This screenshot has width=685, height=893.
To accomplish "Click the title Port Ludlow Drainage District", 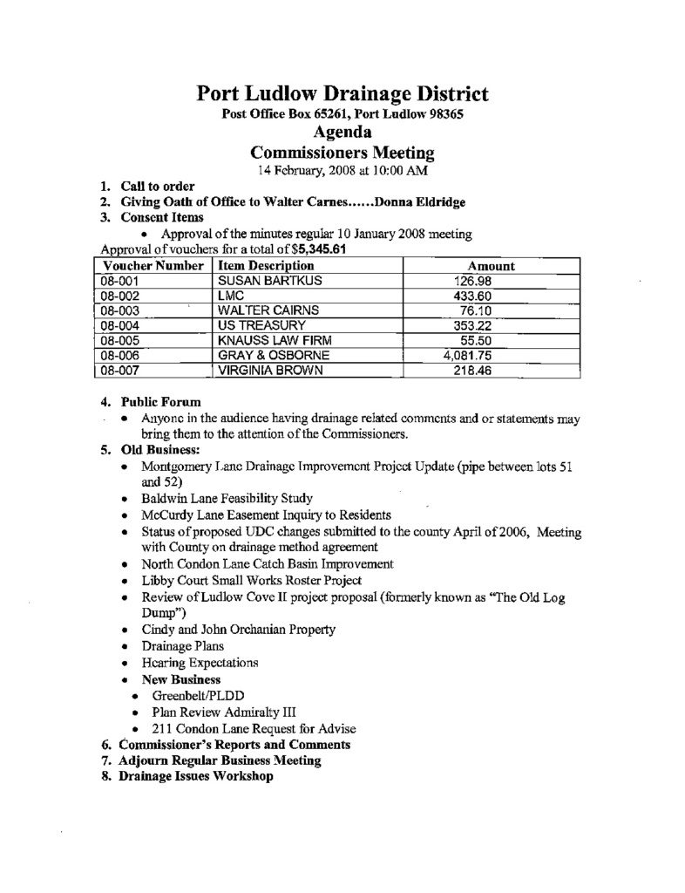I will point(342,94).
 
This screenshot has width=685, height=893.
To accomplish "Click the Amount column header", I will point(492,266).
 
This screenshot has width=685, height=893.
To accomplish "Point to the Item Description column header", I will point(265,266).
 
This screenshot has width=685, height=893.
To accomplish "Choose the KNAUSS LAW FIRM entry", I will point(274,341).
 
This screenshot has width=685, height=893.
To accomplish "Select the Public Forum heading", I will point(161,402).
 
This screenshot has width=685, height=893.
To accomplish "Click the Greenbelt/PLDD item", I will point(196,697).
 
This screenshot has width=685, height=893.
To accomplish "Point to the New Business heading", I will point(181,679).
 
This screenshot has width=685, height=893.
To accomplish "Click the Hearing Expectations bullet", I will point(200,663).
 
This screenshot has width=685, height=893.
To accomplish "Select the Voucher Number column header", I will point(153,266).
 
